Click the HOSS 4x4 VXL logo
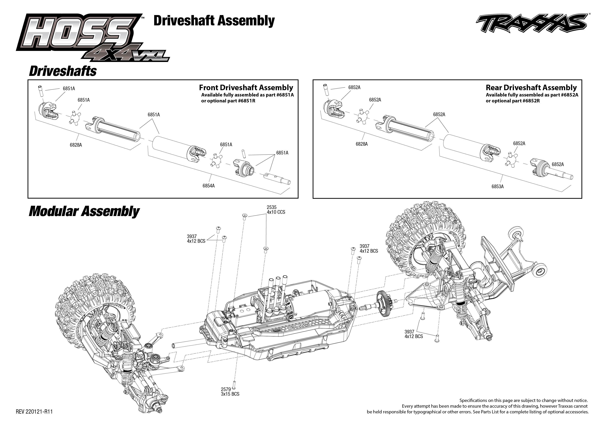point(87,37)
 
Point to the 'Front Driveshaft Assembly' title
point(246,88)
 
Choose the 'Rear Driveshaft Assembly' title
point(531,88)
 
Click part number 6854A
point(208,186)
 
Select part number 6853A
point(497,186)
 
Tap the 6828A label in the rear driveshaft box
point(361,144)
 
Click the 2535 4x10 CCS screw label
point(276,210)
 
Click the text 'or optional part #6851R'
point(228,101)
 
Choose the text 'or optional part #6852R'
point(513,101)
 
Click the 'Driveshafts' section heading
point(63,71)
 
